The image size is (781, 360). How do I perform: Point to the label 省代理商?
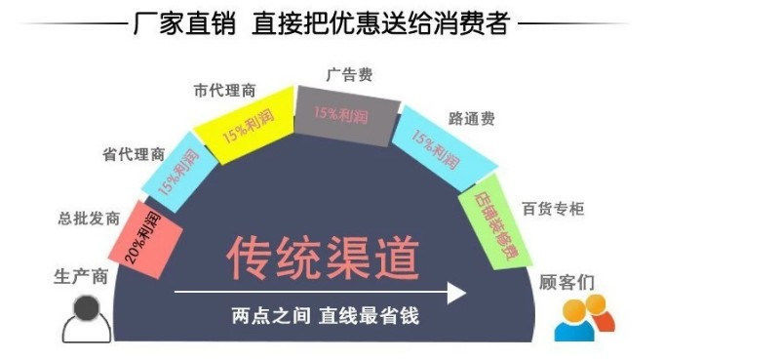coord(134,154)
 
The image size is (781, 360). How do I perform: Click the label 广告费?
coord(348,73)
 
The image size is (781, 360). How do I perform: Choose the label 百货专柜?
coord(553,208)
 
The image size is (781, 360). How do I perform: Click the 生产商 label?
coord(79,276)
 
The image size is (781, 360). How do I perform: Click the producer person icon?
coord(85,318)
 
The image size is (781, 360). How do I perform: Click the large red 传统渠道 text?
coord(323,258)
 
